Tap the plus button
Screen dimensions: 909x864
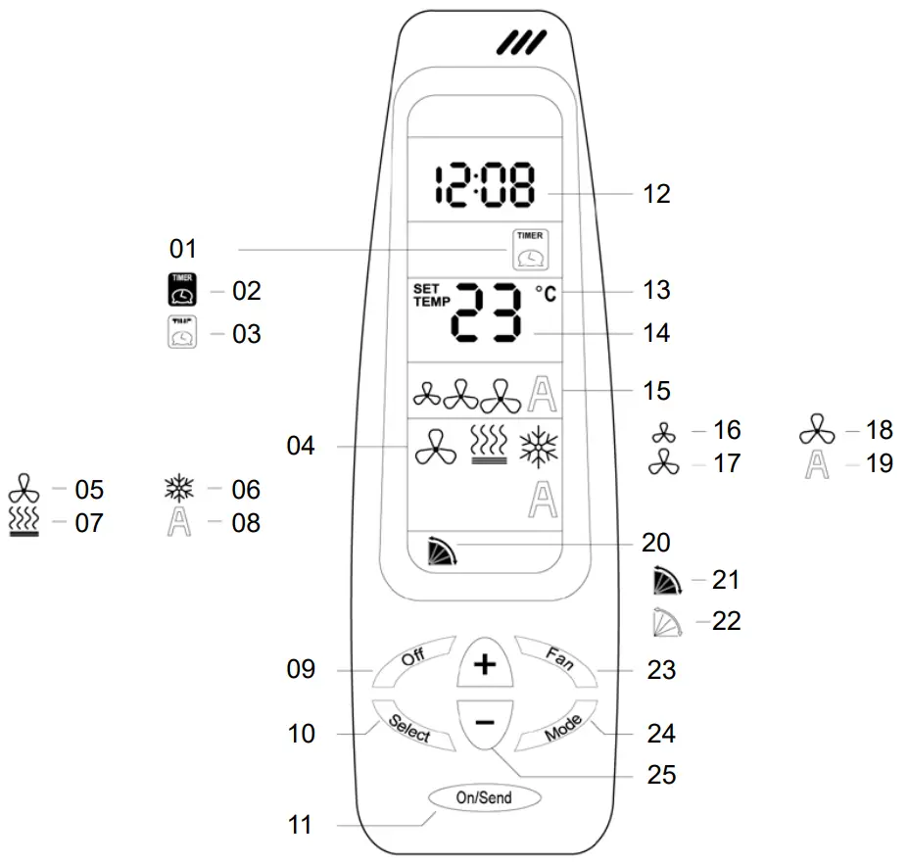point(485,663)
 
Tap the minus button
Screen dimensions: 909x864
point(485,724)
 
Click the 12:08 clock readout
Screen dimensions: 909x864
point(485,185)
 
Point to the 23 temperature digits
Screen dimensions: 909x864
point(487,312)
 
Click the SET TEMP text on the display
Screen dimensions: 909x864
point(431,295)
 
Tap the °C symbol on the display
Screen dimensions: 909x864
point(546,294)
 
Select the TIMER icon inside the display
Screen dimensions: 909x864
point(531,250)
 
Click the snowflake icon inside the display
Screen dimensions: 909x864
point(539,447)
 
